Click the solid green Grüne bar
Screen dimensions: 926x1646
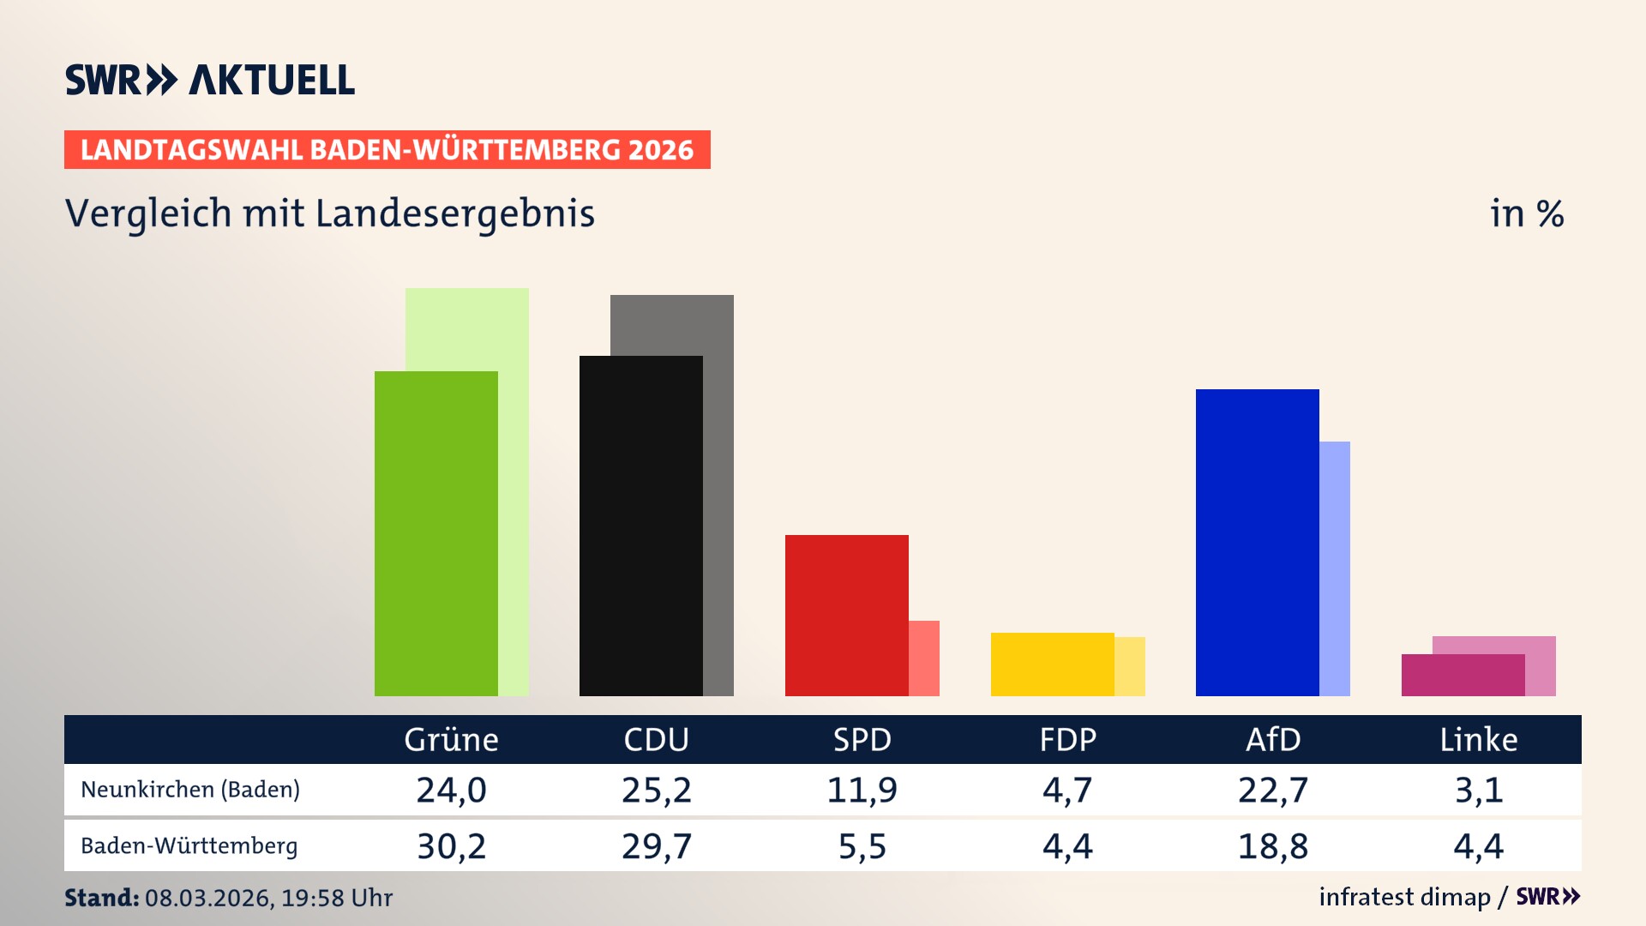pos(436,533)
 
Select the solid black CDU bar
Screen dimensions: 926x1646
pos(640,526)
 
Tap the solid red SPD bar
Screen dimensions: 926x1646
pos(846,615)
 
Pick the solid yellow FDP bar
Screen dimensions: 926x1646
pos(1052,664)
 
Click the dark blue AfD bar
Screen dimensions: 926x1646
pos(1257,542)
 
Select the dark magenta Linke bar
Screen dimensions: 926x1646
pos(1463,675)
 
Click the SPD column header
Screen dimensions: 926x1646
pos(862,739)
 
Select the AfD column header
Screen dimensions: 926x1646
pos(1273,739)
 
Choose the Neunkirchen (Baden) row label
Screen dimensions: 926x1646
pos(190,789)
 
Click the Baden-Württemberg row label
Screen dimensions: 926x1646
pos(189,845)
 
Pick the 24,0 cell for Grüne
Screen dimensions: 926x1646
pos(451,790)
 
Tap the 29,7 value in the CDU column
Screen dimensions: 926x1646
pos(656,846)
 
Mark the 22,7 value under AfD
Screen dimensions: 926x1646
pos(1273,790)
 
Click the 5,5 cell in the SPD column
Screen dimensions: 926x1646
pos(862,846)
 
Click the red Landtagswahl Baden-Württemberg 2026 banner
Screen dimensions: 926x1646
pos(387,149)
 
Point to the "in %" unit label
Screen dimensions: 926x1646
pos(1526,213)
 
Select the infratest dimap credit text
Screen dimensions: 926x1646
pos(1404,897)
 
